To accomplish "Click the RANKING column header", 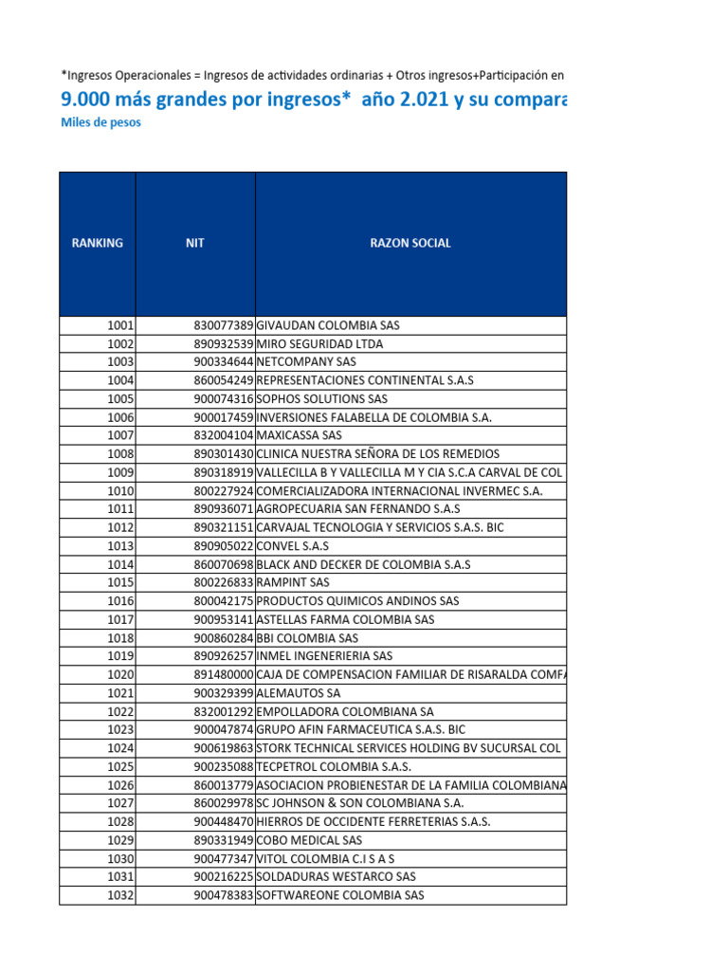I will tap(97, 243).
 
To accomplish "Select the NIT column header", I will tap(195, 243).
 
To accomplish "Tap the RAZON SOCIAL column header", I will tap(410, 243).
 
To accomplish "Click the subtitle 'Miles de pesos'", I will tap(100, 122).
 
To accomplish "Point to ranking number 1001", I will tap(120, 325).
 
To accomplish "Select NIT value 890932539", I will tap(223, 344).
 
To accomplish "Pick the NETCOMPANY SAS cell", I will tap(306, 362).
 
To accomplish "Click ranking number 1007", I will tap(120, 435).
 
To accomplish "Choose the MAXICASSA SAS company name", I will tap(299, 435).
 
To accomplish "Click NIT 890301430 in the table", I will tap(223, 454).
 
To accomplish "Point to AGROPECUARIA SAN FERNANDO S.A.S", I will tap(358, 509).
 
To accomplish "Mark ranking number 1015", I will tap(120, 582).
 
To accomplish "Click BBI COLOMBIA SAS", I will tap(307, 638).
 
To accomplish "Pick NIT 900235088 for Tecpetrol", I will tap(223, 766).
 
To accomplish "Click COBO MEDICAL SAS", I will tap(309, 840).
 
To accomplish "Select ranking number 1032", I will tap(120, 895).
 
